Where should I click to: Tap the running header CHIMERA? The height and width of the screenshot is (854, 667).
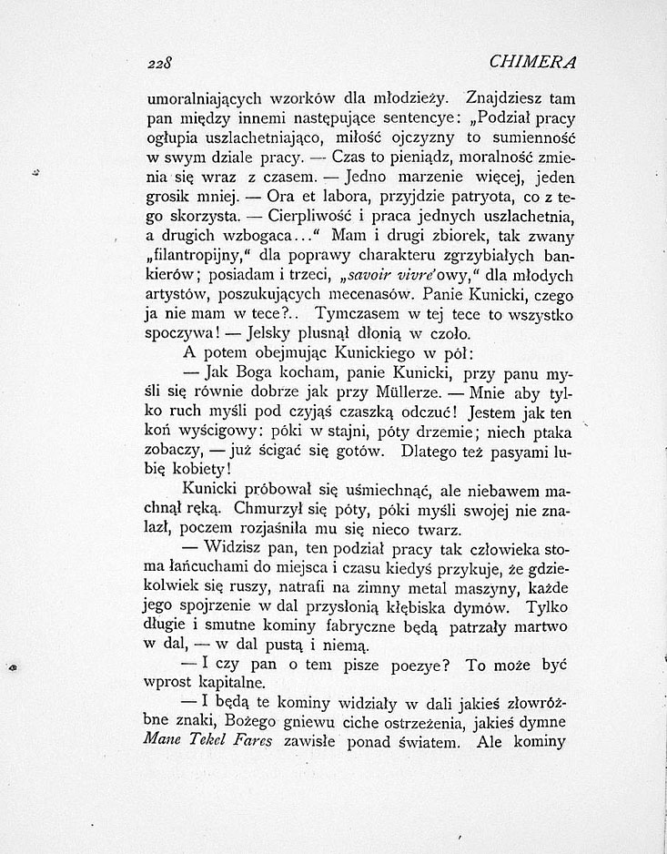click(534, 63)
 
